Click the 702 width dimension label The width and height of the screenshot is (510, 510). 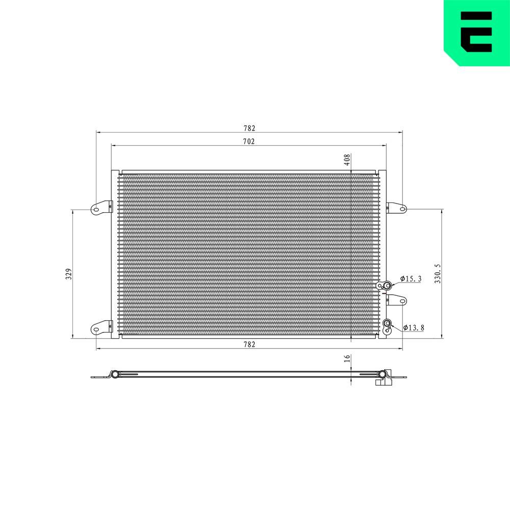point(248,141)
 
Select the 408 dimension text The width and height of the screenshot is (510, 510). point(347,160)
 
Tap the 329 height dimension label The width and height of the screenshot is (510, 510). point(68,274)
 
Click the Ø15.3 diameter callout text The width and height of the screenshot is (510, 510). point(411,278)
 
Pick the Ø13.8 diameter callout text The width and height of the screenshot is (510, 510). point(414,327)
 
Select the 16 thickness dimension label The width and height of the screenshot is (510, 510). point(347,359)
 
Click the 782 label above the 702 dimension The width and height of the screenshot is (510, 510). point(248,128)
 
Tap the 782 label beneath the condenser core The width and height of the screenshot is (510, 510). point(248,345)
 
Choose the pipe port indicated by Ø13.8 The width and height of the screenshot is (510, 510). point(388,323)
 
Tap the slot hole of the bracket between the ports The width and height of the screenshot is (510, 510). point(402,301)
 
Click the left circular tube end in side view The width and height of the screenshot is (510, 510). point(115,375)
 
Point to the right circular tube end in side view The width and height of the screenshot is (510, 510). point(381,375)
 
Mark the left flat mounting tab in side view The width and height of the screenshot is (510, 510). point(99,377)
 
